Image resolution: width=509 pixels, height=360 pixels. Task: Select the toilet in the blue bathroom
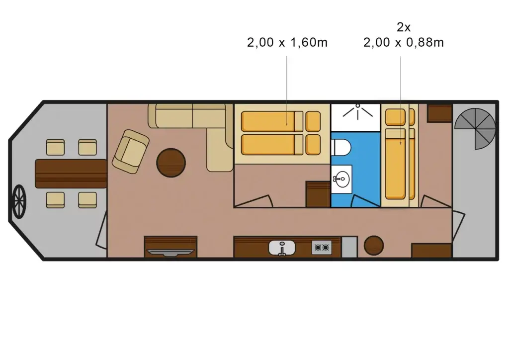point(341,147)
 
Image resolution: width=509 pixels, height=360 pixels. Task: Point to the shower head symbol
point(356,111)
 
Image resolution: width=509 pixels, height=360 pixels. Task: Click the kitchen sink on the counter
point(282,247)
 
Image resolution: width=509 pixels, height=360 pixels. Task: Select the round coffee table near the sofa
point(171,163)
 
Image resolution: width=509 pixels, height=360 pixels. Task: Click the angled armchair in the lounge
point(130,152)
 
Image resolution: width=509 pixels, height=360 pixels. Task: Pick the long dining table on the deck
point(71,174)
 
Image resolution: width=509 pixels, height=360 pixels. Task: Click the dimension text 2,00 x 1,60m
point(287,43)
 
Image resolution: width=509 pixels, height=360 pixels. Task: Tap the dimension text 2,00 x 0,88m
point(403,43)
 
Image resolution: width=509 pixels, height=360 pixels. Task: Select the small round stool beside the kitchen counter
point(373,245)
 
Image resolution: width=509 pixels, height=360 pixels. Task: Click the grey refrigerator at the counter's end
point(349,247)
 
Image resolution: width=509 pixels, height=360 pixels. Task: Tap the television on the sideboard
point(170,251)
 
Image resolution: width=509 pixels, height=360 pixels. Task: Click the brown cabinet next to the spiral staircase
point(439,113)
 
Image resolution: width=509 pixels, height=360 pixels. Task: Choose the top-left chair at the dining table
point(55,148)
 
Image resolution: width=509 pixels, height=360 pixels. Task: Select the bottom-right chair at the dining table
point(87,199)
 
